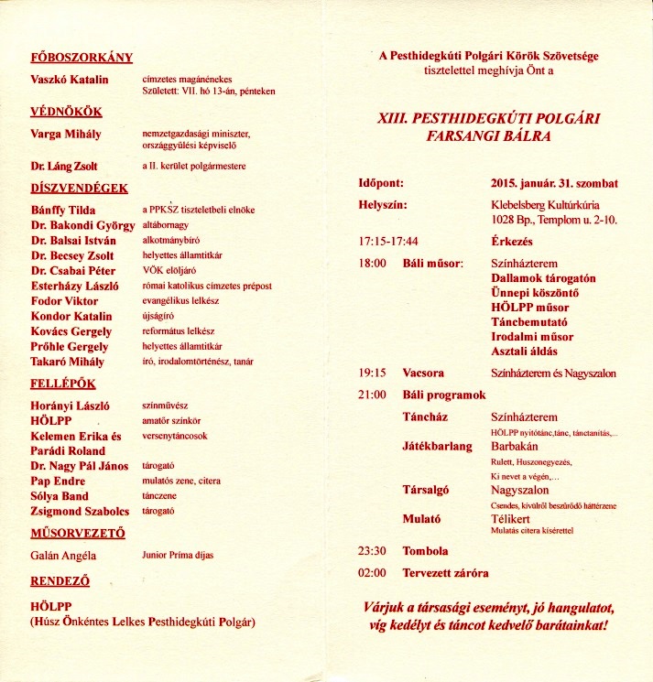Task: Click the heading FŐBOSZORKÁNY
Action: click(x=82, y=58)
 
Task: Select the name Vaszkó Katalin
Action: click(x=70, y=80)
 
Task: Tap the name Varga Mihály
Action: click(x=66, y=134)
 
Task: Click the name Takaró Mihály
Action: click(x=70, y=362)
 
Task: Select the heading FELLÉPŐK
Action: click(x=63, y=384)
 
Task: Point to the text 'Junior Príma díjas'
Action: click(x=180, y=555)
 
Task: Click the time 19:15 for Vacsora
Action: click(x=371, y=373)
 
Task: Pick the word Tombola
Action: click(x=426, y=551)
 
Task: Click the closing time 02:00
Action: click(x=371, y=573)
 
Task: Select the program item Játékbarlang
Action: click(x=437, y=447)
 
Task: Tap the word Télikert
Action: click(x=513, y=518)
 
